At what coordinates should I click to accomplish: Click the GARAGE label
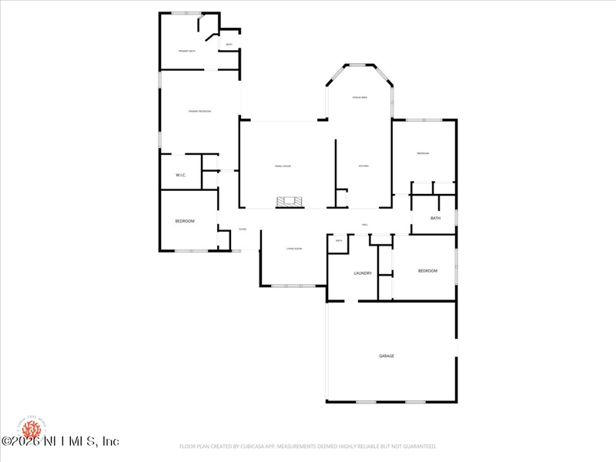(x=387, y=356)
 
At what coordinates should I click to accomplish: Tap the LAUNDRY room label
(x=363, y=273)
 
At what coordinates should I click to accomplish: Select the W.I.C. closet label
(x=181, y=175)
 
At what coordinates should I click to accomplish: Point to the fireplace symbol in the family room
(x=291, y=203)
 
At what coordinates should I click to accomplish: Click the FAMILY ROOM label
(x=283, y=166)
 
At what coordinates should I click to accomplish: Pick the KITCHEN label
(x=364, y=166)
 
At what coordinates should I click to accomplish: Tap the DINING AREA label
(x=360, y=97)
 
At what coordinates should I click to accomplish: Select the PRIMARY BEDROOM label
(x=199, y=112)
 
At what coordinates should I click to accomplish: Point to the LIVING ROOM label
(x=294, y=249)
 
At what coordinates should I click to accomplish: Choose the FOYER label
(x=242, y=229)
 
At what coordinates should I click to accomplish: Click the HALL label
(x=365, y=225)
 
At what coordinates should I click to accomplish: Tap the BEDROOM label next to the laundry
(x=427, y=271)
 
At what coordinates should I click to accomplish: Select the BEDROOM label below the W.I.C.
(x=185, y=221)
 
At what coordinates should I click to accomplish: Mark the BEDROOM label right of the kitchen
(x=423, y=154)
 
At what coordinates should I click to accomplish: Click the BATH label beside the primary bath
(x=229, y=45)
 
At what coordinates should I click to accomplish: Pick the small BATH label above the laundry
(x=339, y=241)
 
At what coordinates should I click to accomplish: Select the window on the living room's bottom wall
(x=293, y=286)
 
